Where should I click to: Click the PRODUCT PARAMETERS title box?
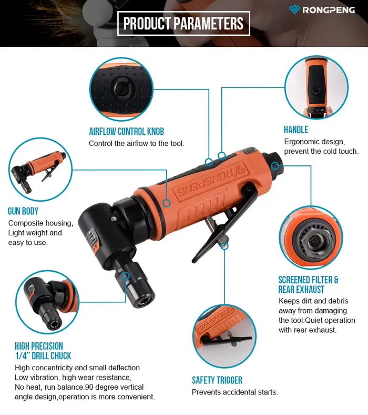coord(183,23)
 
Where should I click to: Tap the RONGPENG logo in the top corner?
coord(321,9)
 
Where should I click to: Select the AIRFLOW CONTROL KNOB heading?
coord(126,132)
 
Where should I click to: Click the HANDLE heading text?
coord(296,130)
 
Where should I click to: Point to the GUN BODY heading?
coord(23,211)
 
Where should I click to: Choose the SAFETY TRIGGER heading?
coord(217,380)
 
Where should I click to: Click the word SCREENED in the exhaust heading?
coord(294,280)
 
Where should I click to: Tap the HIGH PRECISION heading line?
coord(39,346)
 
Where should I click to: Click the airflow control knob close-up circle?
coord(121,89)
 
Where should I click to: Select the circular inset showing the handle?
coord(316,87)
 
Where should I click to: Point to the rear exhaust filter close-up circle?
coord(311,238)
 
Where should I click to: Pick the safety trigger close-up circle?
coord(224,336)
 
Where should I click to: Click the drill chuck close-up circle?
coord(47,302)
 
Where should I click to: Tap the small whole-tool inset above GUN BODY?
coord(40,170)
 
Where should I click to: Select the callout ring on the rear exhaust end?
coord(275,166)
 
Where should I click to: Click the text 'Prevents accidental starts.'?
coord(235,392)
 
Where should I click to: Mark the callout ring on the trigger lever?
coord(224,245)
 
